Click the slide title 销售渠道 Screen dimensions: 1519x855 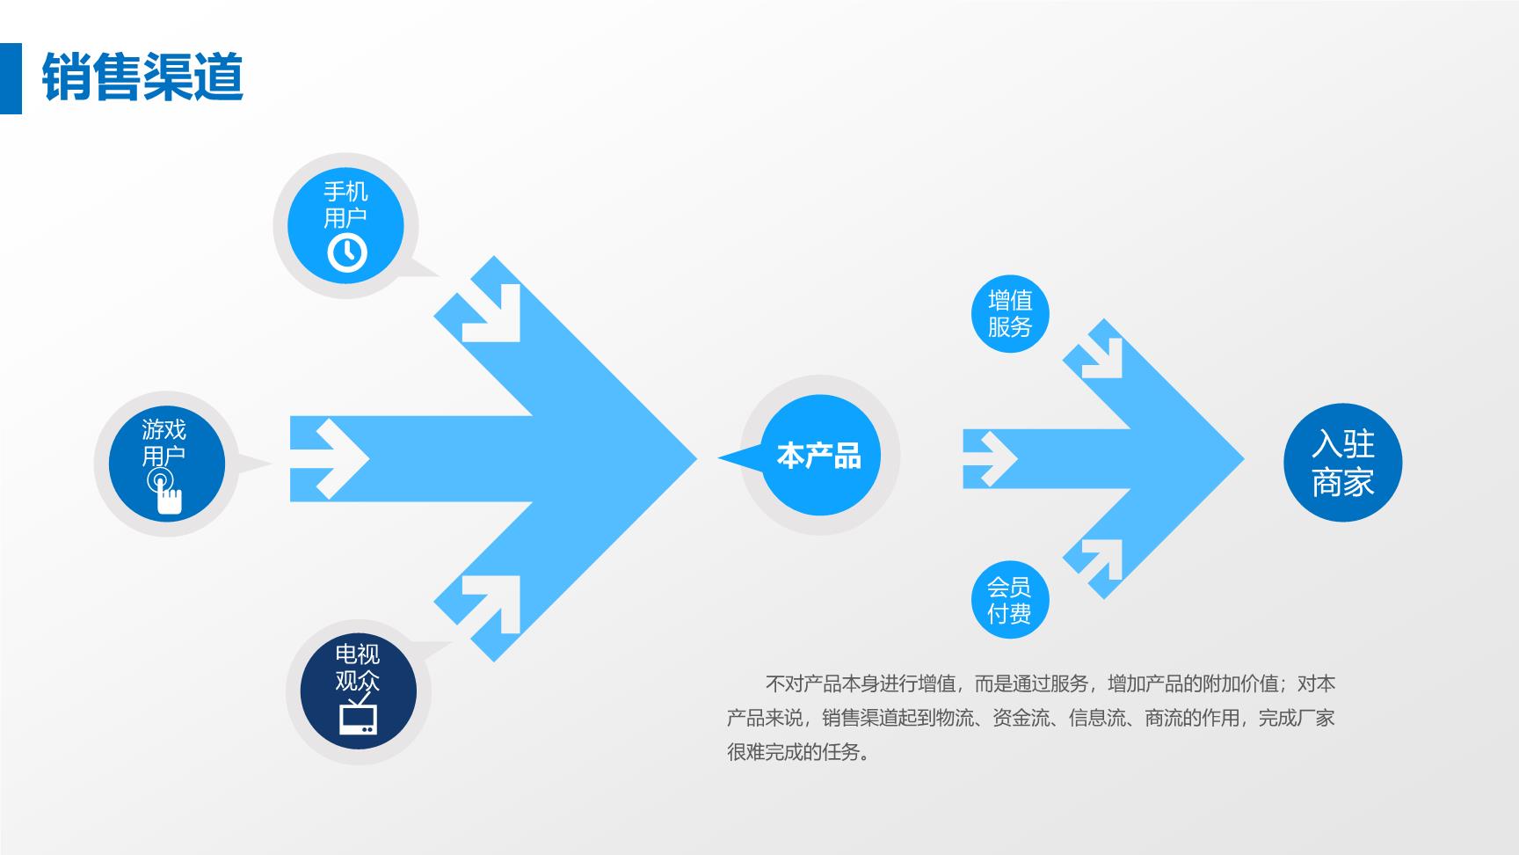point(142,77)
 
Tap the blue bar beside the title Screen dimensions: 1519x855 point(11,78)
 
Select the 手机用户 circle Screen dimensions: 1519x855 point(345,225)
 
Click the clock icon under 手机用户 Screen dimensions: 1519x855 point(346,252)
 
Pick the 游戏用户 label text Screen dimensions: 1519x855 point(164,442)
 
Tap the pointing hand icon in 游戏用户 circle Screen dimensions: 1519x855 point(164,492)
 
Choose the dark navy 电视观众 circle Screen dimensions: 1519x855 point(358,691)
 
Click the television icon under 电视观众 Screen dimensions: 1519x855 point(358,714)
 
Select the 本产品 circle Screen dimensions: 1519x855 point(820,456)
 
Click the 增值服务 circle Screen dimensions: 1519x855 point(1010,314)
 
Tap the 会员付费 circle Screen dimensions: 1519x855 point(1010,600)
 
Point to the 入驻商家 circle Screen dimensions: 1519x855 point(1343,463)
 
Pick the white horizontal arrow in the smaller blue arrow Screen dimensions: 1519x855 point(991,458)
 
